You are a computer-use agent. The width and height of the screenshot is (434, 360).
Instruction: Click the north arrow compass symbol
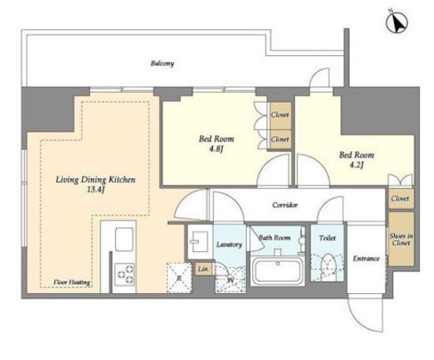397,23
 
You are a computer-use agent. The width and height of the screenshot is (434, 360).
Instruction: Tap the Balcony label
163,63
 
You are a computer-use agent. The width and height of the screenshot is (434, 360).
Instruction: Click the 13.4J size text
95,190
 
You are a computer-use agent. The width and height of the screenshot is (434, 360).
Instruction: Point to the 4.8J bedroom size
216,149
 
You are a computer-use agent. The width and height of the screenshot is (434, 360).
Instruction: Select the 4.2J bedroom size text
356,165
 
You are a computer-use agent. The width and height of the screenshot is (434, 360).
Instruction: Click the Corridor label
285,205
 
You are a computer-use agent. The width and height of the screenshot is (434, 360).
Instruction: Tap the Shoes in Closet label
401,240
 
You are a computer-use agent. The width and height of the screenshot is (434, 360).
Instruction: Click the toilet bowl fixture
328,264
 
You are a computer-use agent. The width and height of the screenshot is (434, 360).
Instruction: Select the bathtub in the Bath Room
277,271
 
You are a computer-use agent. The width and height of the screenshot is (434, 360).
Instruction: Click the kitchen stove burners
124,274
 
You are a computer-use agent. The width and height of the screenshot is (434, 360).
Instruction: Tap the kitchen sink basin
124,239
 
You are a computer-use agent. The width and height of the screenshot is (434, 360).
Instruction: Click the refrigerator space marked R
179,277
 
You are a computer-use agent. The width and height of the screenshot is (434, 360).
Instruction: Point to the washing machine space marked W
230,280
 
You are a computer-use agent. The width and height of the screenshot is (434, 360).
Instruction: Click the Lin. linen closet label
204,269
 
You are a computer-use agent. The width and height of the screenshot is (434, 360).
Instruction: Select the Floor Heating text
72,282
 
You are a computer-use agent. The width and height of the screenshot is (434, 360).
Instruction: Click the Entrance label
366,259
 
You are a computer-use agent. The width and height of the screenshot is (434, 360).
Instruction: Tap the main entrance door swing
366,315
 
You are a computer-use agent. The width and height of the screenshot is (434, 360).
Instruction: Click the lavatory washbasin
198,241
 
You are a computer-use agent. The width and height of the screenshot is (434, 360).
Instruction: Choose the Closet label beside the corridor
400,199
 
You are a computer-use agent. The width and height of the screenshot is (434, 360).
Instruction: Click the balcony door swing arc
320,78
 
